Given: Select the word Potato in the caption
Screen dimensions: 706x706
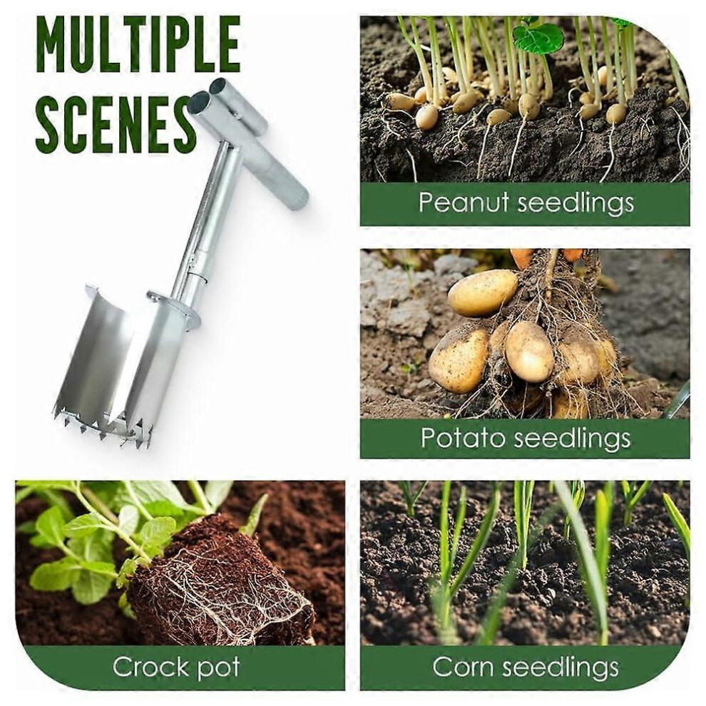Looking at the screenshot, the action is (x=464, y=437).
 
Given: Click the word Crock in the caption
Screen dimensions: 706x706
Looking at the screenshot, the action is (x=151, y=667).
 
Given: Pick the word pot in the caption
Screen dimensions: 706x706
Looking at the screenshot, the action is (x=219, y=669).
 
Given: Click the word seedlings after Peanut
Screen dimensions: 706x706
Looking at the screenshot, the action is (x=575, y=203).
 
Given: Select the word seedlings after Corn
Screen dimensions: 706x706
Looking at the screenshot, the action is (x=560, y=668).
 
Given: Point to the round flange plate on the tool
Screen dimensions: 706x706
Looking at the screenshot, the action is (x=174, y=308).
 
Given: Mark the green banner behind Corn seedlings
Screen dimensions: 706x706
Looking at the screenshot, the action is (x=525, y=667).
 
